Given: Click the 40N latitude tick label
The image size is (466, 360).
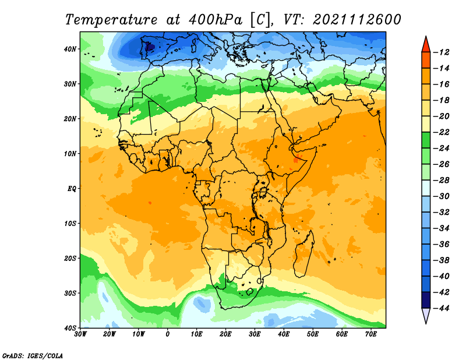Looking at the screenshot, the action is click(x=70, y=49).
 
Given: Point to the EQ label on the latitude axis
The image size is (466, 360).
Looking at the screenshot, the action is click(x=72, y=189).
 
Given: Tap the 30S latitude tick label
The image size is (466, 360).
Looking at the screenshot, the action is click(x=70, y=293).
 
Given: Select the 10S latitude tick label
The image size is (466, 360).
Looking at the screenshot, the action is click(x=70, y=223).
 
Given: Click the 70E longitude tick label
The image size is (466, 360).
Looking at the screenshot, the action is click(x=371, y=334).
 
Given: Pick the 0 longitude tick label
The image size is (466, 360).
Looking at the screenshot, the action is click(x=168, y=334).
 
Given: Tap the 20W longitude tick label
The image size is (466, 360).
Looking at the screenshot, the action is click(x=109, y=334).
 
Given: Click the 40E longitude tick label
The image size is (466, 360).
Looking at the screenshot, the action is click(x=284, y=334).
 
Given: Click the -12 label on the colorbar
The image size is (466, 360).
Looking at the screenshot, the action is click(x=442, y=52).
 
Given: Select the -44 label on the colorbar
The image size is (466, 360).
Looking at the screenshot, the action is click(x=442, y=308).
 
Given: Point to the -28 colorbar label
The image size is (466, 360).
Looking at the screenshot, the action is click(x=442, y=180).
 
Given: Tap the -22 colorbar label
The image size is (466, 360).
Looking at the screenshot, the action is click(x=442, y=132).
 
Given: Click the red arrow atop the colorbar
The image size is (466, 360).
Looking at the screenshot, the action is click(x=426, y=45).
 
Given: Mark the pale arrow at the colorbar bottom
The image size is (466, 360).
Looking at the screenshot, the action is click(x=426, y=315).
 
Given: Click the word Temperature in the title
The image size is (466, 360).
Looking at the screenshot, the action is click(x=111, y=20).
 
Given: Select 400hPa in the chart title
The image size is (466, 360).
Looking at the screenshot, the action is click(x=216, y=20).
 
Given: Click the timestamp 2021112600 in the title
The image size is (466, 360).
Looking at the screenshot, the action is click(x=357, y=20).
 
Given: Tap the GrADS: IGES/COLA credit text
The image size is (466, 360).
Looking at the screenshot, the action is click(x=33, y=355).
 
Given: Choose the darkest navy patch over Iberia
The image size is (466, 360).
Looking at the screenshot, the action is click(x=150, y=47).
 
